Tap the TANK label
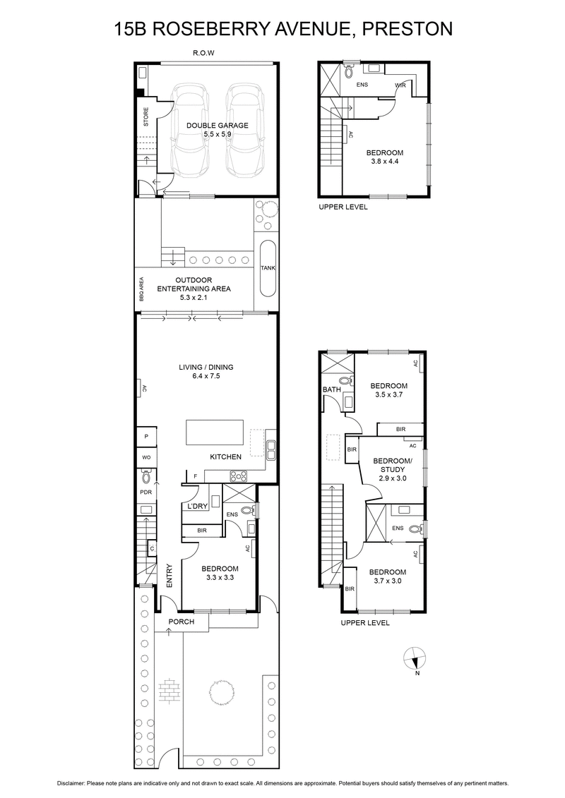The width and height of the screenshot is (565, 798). coord(268,268)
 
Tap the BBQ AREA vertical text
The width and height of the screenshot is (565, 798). coord(142,290)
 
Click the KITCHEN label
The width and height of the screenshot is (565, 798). coord(225,457)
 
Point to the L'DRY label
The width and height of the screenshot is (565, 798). coord(196,507)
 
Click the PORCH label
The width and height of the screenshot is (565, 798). coord(181,622)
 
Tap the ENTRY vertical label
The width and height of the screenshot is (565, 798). coord(169,574)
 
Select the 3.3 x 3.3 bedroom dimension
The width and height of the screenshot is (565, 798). coord(220,578)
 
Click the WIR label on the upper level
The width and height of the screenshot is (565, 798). coord(400,85)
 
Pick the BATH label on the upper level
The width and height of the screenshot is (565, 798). coord(331,389)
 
